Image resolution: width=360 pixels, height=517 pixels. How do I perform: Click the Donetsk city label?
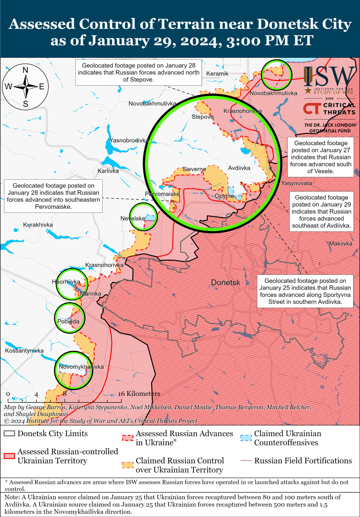(x=225, y=283)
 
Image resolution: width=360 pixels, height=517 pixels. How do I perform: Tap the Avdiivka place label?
(x=239, y=168)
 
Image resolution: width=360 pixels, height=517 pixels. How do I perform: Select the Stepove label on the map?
(x=202, y=117)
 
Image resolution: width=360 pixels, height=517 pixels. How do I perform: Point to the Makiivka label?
(x=341, y=244)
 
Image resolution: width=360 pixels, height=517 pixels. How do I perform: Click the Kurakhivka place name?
(x=37, y=225)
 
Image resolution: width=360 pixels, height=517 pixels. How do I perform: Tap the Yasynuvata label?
(x=297, y=183)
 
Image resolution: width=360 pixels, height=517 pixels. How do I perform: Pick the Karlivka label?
(x=108, y=171)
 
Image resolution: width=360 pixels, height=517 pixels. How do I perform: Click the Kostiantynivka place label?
(x=24, y=351)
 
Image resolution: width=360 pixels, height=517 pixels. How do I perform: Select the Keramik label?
(x=217, y=74)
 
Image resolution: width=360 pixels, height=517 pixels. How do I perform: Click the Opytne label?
(x=224, y=196)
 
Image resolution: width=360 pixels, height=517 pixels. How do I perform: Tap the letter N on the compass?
(x=25, y=70)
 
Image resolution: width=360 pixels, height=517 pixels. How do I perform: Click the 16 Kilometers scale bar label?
(x=139, y=393)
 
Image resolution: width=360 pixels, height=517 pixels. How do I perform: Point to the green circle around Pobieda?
(x=69, y=317)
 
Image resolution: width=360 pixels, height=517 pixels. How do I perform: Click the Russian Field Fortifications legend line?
(x=246, y=461)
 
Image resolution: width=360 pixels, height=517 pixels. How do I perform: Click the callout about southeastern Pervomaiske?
(x=53, y=196)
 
